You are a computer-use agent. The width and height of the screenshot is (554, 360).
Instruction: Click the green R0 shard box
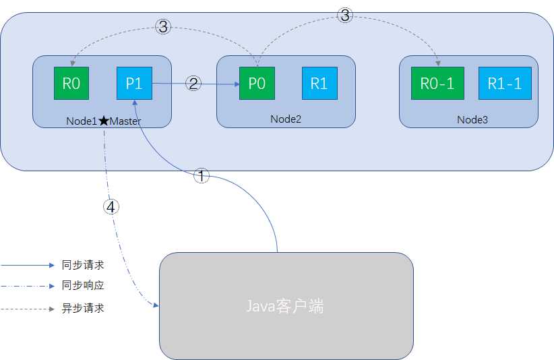[x=71, y=84]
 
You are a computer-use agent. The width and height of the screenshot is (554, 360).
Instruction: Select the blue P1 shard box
[x=134, y=84]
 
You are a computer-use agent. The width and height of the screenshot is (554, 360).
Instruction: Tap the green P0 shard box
[x=256, y=84]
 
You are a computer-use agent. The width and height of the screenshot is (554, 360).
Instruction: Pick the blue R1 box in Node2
[x=319, y=84]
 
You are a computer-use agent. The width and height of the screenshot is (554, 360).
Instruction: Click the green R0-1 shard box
[x=437, y=84]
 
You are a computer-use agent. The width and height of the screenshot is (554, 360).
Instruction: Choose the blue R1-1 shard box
[x=505, y=84]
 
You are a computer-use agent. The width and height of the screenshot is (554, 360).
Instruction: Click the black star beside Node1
[x=103, y=121]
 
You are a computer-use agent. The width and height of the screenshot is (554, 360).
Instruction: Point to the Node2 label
[x=285, y=119]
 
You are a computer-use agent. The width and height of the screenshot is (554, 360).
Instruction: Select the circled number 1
[x=202, y=177]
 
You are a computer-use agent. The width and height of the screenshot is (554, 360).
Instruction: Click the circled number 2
[x=193, y=84]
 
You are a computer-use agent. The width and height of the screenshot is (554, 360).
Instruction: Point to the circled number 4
[x=112, y=207]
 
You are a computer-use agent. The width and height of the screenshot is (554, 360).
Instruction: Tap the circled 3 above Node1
[x=163, y=27]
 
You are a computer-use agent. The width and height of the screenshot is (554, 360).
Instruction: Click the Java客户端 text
[x=284, y=307]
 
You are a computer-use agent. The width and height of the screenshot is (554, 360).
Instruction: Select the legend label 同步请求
[x=83, y=266]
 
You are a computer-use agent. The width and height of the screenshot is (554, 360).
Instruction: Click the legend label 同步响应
[x=83, y=286]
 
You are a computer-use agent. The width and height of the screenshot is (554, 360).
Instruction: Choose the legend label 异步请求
[x=83, y=309]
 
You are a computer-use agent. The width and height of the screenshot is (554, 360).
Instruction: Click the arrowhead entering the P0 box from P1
[x=238, y=84]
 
